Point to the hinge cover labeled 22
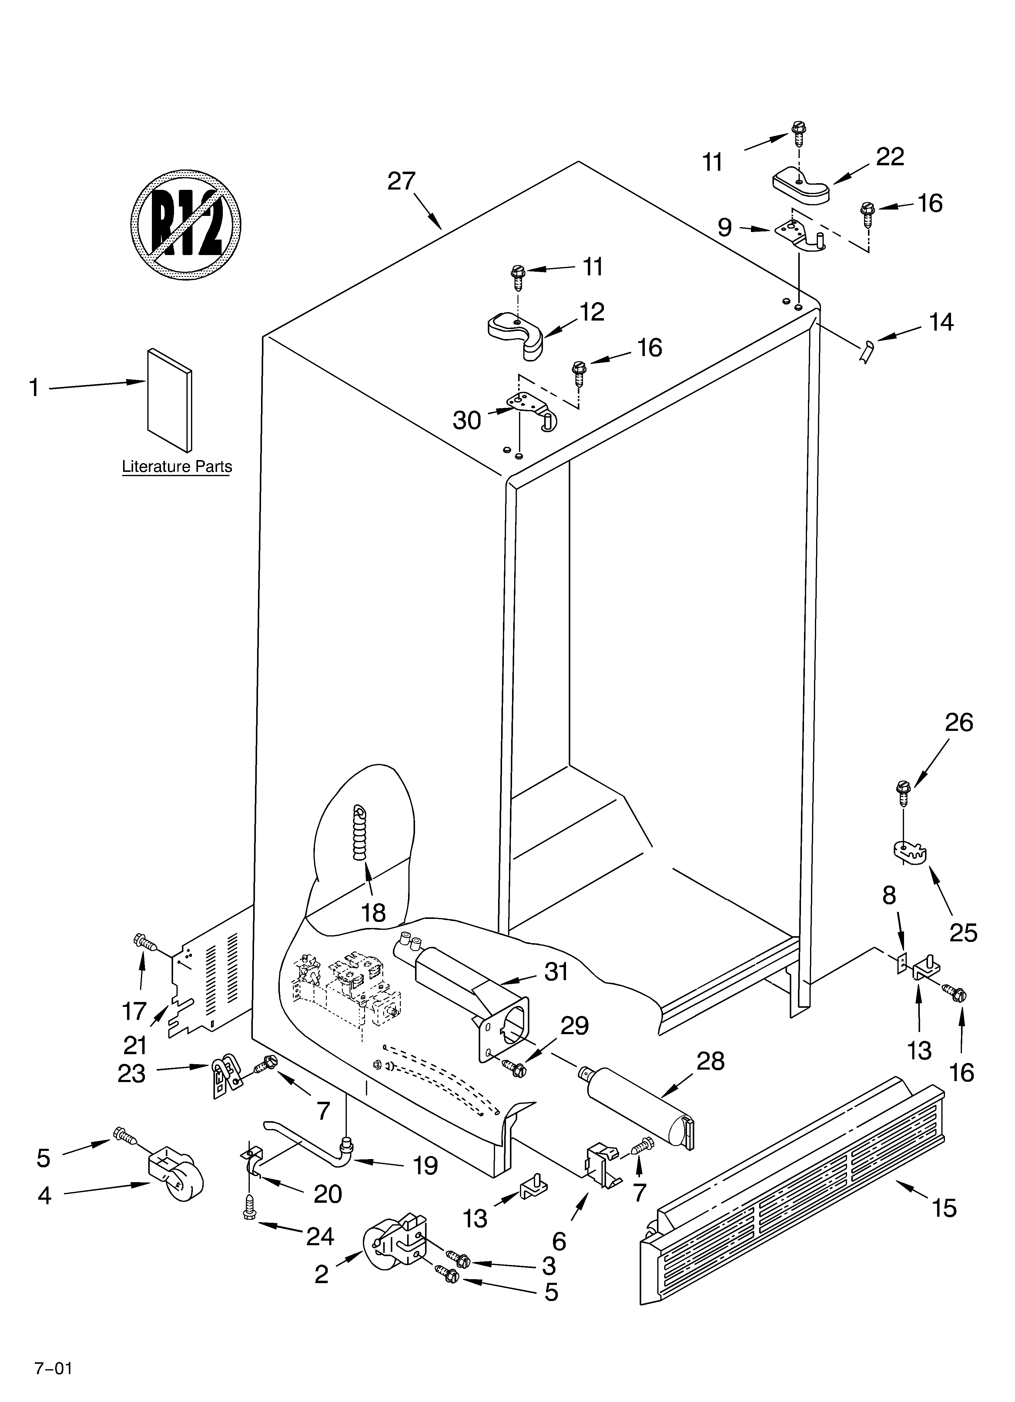[800, 187]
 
